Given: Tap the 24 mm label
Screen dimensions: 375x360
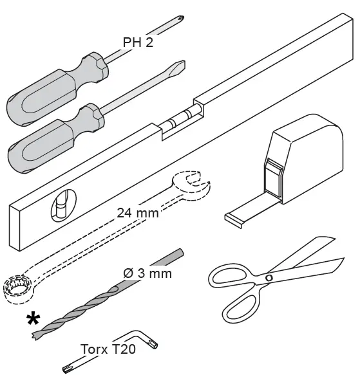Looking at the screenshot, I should point(138,212).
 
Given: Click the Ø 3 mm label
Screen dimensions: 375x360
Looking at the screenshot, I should point(147,273).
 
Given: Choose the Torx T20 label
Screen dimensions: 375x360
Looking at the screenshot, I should point(108,349).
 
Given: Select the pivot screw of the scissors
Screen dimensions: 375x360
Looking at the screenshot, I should point(269,277).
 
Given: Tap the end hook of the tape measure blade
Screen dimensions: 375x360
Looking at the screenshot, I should point(232,220).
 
